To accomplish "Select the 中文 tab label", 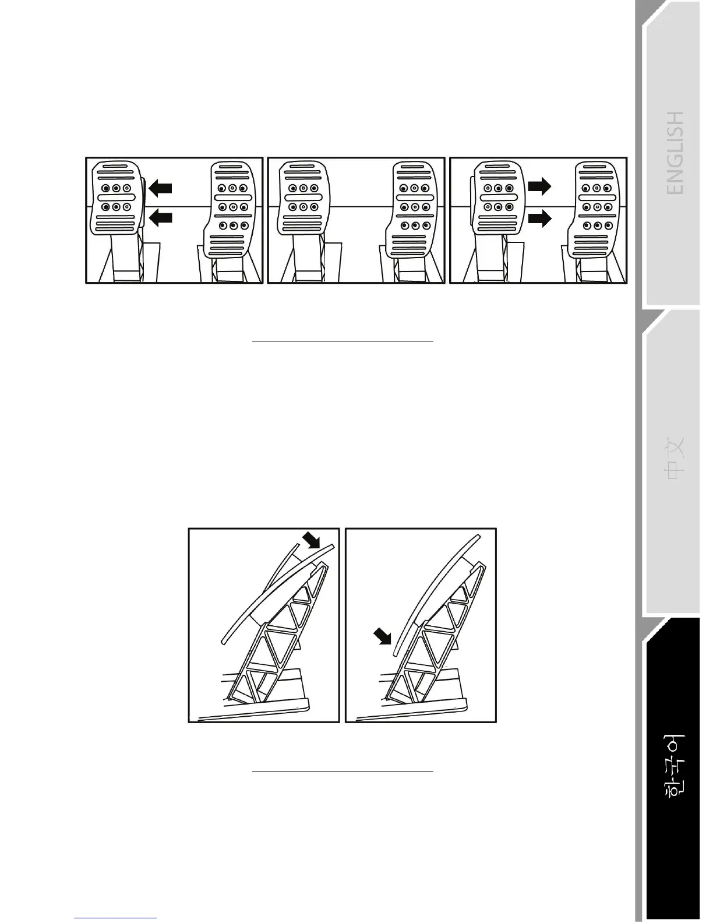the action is coord(675,458).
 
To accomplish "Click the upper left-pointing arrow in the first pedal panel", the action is coord(161,188).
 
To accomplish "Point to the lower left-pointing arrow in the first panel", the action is coord(161,218).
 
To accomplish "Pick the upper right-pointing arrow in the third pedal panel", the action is coord(539,186).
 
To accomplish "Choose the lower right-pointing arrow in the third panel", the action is coord(539,219).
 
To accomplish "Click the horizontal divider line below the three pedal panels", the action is coord(343,341).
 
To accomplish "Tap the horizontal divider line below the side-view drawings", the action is coord(343,771).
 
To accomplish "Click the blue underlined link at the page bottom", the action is coord(115,918).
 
